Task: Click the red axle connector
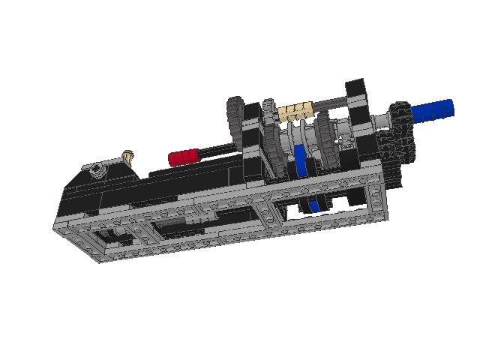pos(184,157)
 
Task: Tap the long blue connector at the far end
pos(433,110)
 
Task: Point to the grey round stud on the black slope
pos(97,170)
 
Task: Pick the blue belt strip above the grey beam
pos(301,161)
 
